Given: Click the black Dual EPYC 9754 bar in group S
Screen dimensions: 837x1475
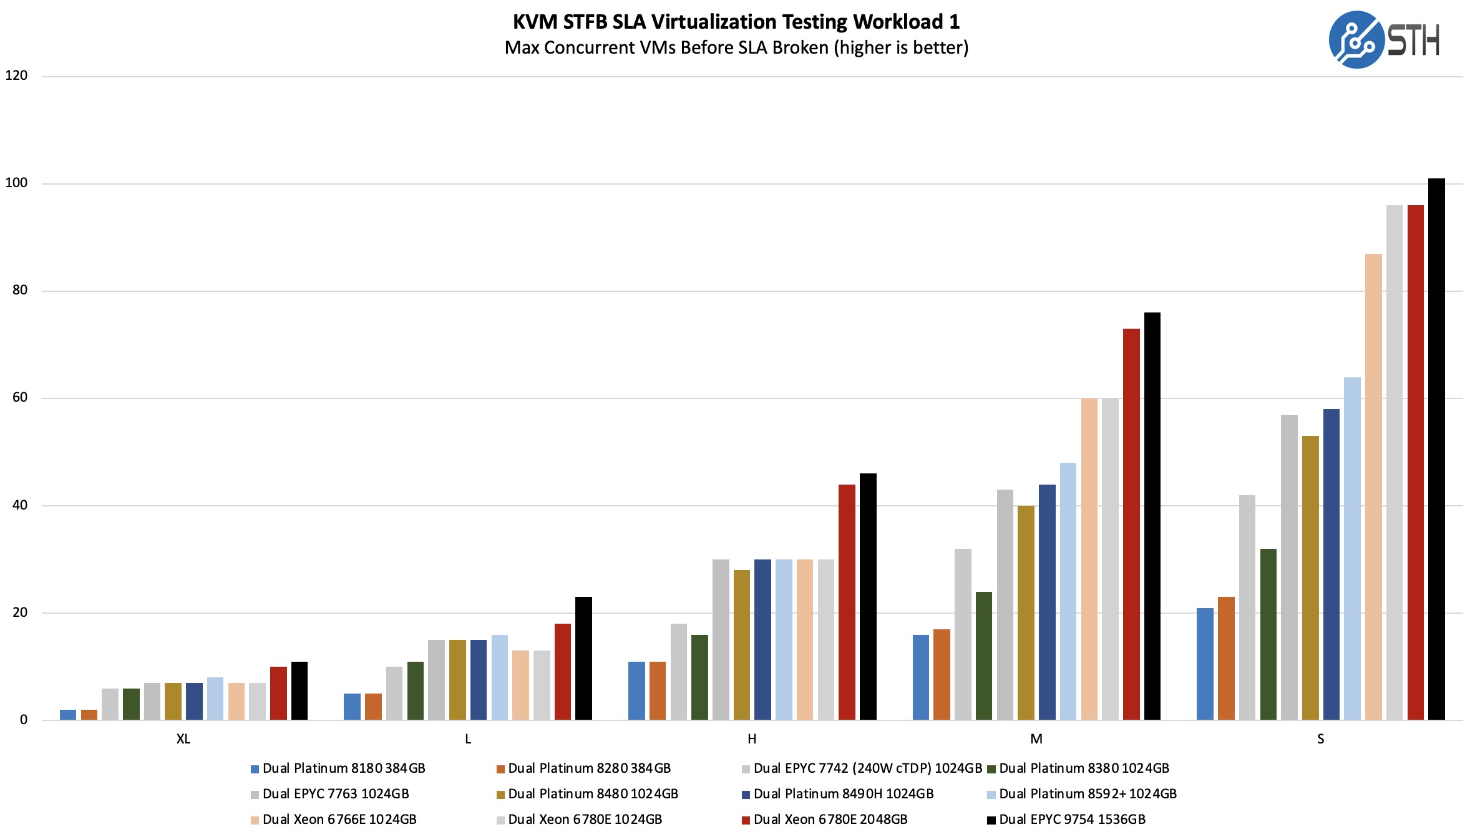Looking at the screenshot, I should point(1436,449).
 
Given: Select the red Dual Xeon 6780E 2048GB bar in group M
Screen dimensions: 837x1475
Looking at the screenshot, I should point(1131,524).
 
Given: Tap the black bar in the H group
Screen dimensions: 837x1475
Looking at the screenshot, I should point(868,596).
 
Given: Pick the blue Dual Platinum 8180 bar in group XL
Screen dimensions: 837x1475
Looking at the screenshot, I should point(68,715).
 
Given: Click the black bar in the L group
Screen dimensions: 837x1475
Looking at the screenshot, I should point(583,658).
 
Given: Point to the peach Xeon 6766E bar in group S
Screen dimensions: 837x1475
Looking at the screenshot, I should point(1373,486).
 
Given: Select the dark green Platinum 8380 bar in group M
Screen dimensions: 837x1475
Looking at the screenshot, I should point(984,656).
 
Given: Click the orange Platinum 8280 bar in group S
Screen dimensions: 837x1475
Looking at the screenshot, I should point(1226,658).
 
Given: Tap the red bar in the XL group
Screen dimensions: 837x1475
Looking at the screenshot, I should point(278,693).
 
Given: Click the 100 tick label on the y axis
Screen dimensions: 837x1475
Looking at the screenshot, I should point(16,183).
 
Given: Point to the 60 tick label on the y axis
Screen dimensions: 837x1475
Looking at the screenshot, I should point(20,397).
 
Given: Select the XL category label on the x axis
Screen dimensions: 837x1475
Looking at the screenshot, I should point(183,739).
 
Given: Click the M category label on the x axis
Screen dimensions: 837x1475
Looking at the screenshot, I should point(1036,739).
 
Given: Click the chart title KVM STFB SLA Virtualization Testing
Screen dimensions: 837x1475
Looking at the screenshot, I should point(736,22).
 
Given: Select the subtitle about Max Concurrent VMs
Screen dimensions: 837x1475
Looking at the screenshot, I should point(736,48).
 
